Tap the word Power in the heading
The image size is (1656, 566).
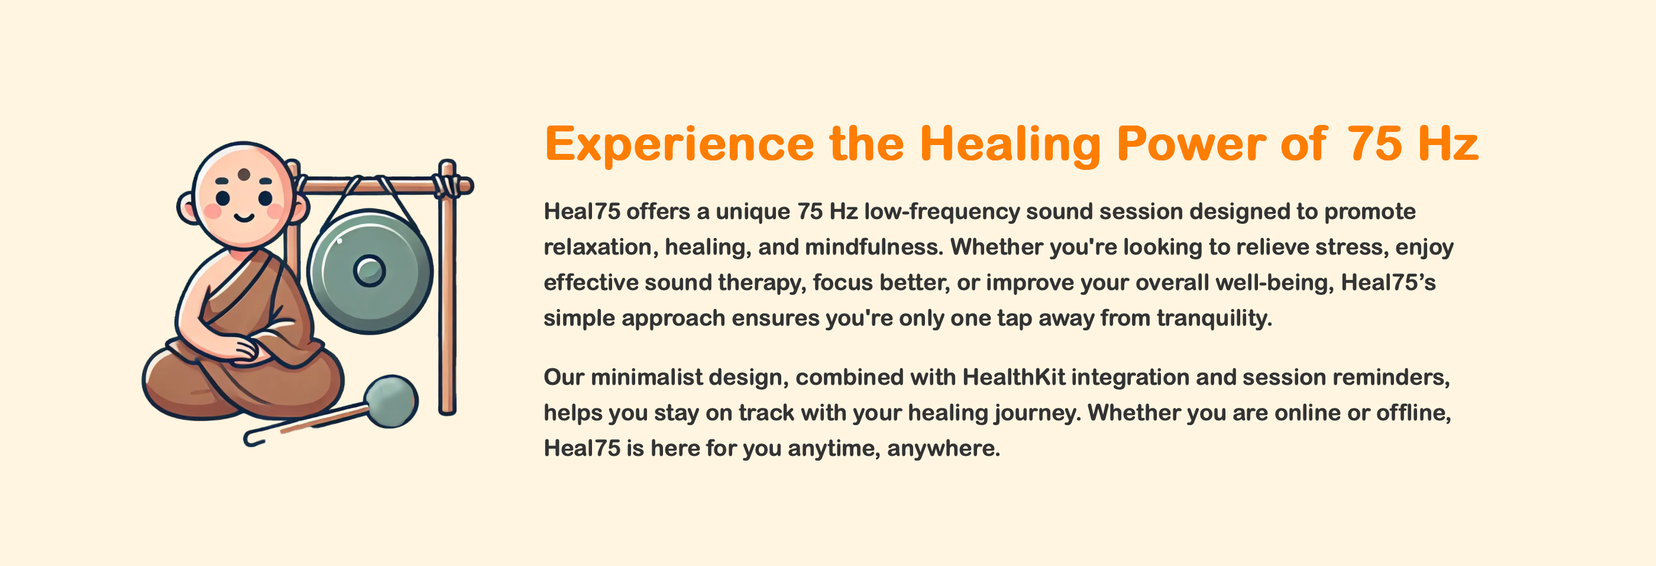click(x=1191, y=144)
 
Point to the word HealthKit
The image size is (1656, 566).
click(x=1013, y=377)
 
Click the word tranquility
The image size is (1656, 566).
click(x=1214, y=319)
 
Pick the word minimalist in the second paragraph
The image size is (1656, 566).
click(x=646, y=377)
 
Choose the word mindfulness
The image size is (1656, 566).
click(x=874, y=247)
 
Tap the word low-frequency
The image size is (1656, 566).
click(x=942, y=211)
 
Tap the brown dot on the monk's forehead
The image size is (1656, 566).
click(x=244, y=174)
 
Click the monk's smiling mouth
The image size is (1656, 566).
click(x=244, y=217)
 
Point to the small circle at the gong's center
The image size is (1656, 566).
click(x=369, y=270)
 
